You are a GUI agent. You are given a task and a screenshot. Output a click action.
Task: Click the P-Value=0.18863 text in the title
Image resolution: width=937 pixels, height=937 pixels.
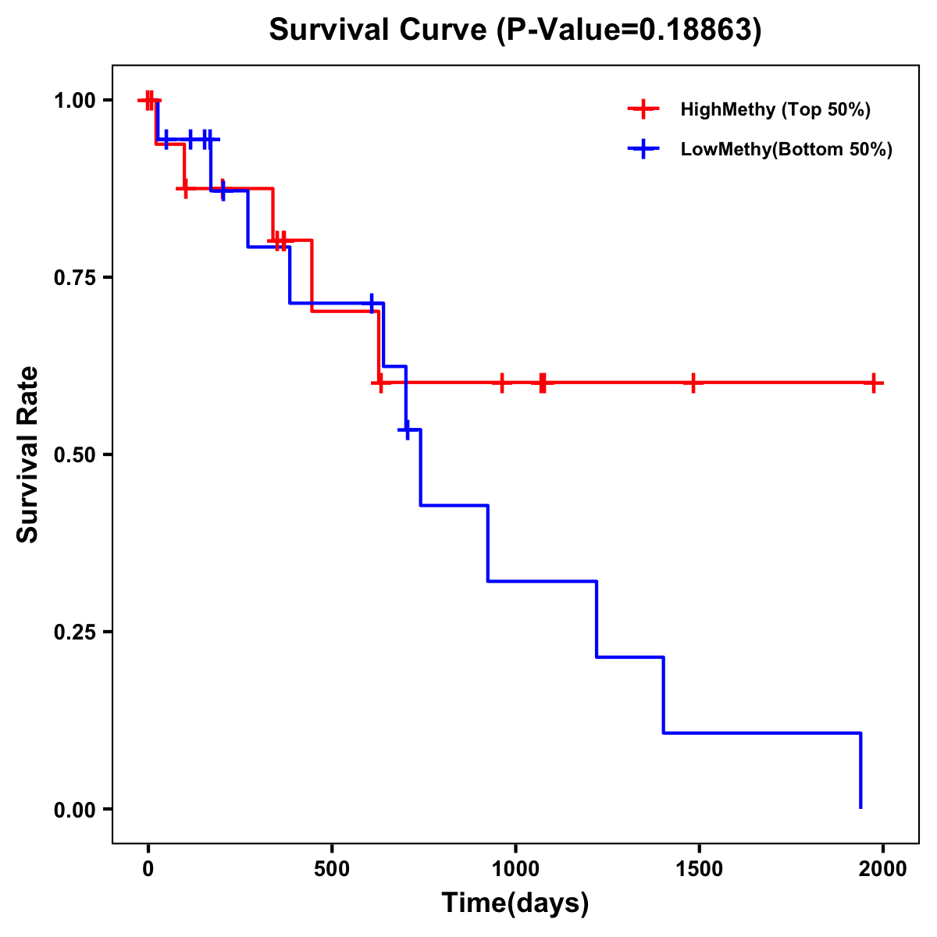(x=629, y=30)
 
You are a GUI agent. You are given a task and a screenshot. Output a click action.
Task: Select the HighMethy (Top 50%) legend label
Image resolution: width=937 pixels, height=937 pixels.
(x=775, y=109)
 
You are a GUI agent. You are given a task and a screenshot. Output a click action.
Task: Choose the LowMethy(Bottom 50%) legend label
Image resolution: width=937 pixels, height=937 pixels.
(x=786, y=149)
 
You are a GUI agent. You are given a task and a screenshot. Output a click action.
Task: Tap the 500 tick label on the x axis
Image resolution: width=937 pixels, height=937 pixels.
(x=332, y=869)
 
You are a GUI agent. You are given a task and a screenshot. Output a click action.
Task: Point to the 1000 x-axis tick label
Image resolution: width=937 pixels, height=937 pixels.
(x=515, y=869)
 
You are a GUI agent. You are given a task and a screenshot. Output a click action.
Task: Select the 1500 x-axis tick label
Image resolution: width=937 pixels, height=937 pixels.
(x=699, y=869)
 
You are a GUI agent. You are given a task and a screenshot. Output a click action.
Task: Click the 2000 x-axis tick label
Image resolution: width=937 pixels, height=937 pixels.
(x=883, y=869)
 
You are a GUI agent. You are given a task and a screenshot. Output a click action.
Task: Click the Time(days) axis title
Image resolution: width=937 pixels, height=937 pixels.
(x=515, y=903)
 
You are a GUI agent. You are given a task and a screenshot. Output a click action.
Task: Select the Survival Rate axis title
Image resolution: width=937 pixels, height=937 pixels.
(x=28, y=454)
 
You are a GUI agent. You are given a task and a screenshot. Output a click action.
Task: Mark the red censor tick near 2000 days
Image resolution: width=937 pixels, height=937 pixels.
(x=875, y=383)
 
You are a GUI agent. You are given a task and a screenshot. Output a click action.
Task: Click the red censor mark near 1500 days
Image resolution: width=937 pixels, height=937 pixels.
(x=693, y=383)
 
